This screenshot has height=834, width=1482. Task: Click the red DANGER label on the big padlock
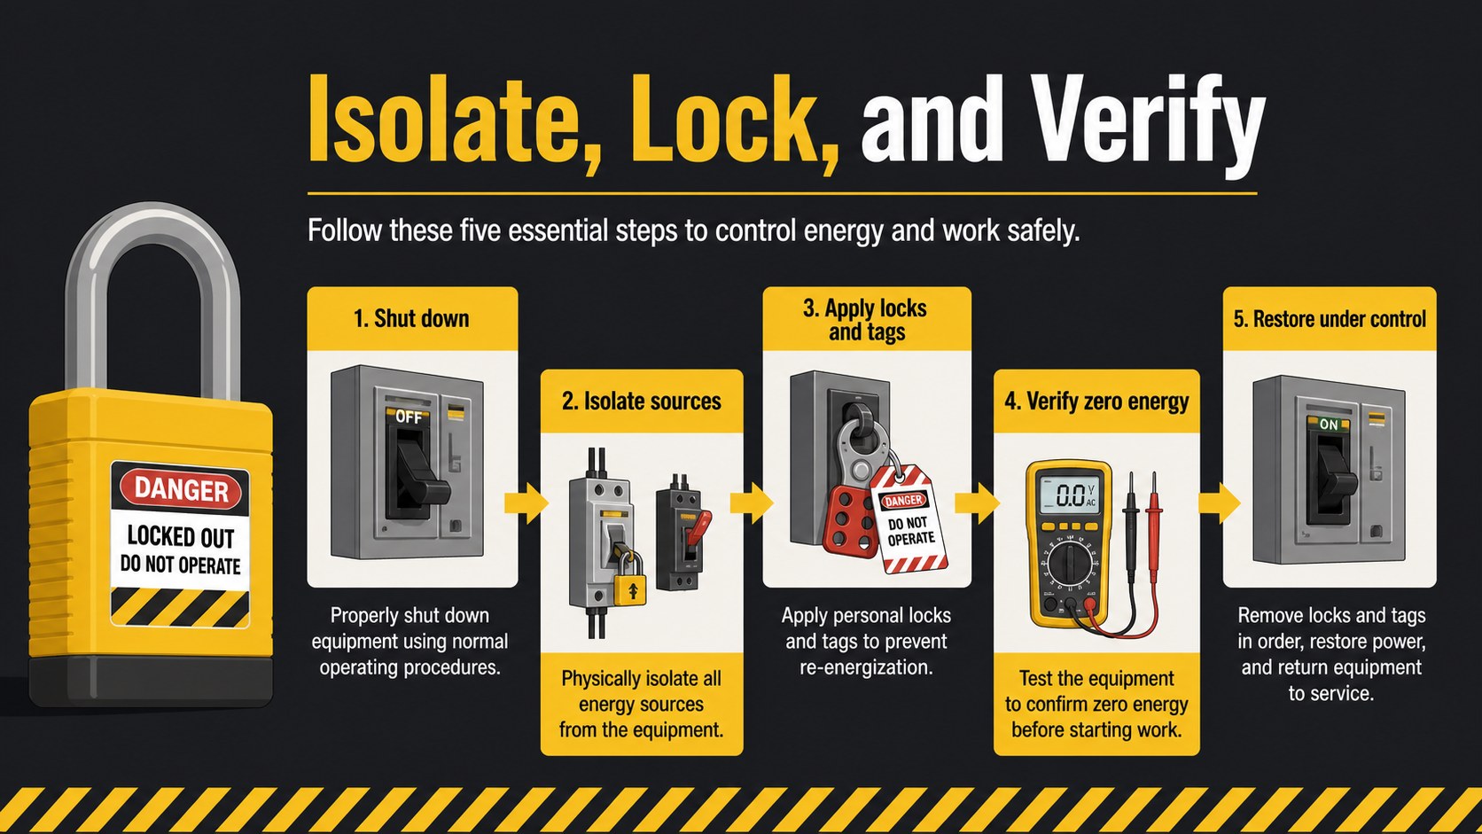click(181, 490)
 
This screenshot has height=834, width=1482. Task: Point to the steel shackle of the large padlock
click(152, 264)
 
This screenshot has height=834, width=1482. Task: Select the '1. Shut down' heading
click(411, 319)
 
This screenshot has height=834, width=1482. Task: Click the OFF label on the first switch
click(409, 417)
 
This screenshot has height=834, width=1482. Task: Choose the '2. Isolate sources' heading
click(641, 401)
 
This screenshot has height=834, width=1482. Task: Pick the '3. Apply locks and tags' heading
click(867, 320)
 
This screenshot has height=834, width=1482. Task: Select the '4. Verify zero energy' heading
click(1096, 401)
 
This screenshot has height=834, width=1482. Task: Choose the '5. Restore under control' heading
click(1330, 319)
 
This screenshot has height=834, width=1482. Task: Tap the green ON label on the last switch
click(1329, 425)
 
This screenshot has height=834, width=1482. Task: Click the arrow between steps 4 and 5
click(1220, 503)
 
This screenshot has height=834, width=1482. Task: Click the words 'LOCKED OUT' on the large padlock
click(181, 536)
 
